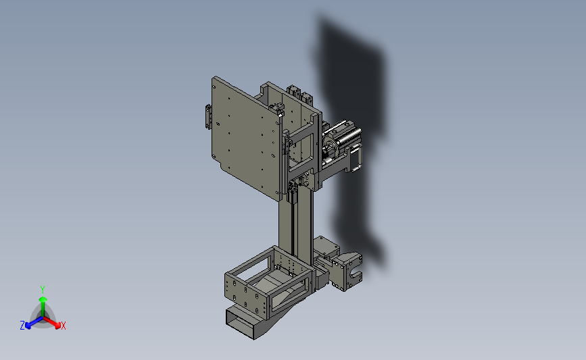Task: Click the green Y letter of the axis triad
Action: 42,290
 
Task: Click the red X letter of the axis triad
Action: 63,326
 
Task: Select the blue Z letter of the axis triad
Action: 22,326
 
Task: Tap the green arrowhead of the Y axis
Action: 43,299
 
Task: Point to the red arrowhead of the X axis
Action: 57,326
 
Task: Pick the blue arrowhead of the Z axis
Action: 28,326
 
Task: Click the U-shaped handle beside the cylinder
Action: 357,158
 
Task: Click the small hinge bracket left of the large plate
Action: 207,117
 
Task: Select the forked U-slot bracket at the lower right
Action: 347,272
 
